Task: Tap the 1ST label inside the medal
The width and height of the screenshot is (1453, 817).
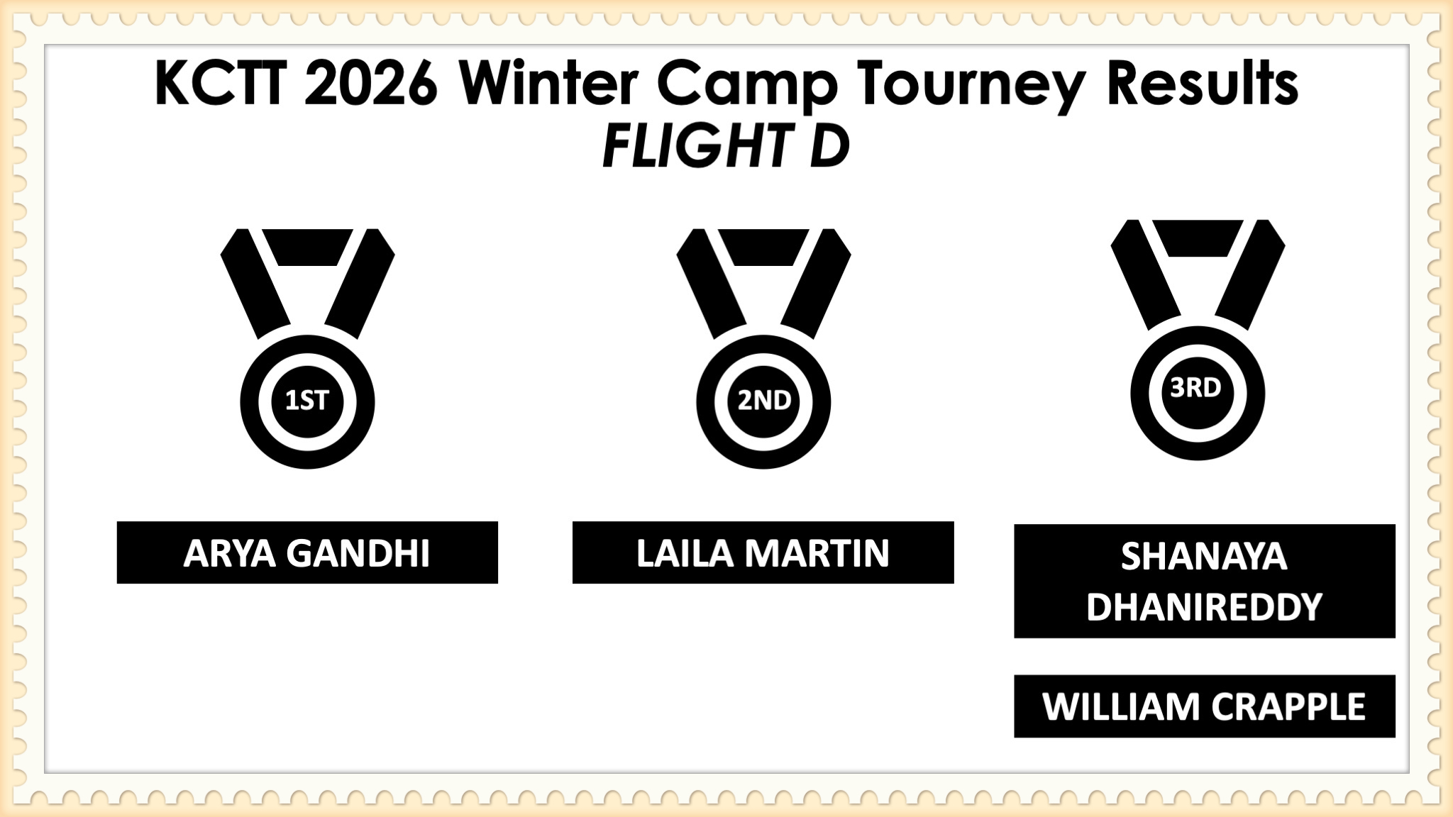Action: (306, 401)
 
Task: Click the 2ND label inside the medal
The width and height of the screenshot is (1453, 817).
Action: (764, 401)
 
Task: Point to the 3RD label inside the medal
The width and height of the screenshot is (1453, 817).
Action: (1196, 388)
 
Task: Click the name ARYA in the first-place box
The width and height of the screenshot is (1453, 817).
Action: (229, 553)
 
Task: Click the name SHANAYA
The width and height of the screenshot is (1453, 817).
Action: (1204, 557)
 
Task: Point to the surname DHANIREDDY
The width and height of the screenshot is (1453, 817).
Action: (1204, 608)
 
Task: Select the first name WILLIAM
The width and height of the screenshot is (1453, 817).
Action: (1119, 706)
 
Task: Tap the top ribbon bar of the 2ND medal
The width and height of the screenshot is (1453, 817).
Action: (763, 247)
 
